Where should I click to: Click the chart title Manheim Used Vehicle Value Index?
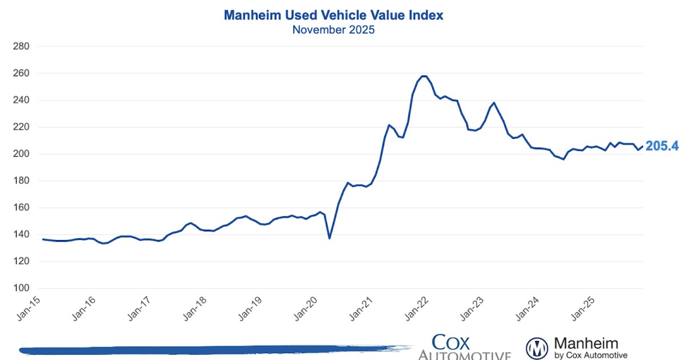pyautogui.click(x=333, y=15)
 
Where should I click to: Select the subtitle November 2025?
pyautogui.click(x=333, y=30)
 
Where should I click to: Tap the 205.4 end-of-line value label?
pyautogui.click(x=662, y=146)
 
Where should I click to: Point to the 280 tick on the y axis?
pyautogui.click(x=21, y=46)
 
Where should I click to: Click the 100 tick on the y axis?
pyautogui.click(x=21, y=289)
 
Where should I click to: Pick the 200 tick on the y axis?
pyautogui.click(x=21, y=154)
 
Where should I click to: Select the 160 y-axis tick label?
pyautogui.click(x=21, y=208)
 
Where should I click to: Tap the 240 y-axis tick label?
pyautogui.click(x=21, y=101)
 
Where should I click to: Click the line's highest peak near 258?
pyautogui.click(x=423, y=76)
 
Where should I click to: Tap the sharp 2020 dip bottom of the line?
pyautogui.click(x=329, y=238)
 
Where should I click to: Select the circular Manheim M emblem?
pyautogui.click(x=537, y=347)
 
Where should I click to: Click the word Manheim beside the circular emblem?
pyautogui.click(x=586, y=343)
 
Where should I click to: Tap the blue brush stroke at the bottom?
pyautogui.click(x=212, y=349)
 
